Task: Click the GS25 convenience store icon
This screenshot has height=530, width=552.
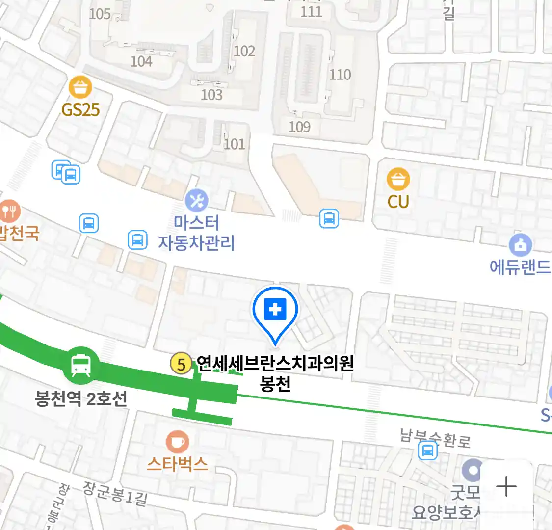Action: (x=80, y=88)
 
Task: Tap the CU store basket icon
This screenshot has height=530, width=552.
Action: (x=398, y=180)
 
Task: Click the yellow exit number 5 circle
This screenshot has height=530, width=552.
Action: (x=181, y=365)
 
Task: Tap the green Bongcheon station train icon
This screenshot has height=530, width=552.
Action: (x=80, y=366)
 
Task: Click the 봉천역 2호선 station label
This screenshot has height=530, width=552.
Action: (x=81, y=398)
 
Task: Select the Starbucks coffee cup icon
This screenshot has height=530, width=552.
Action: (x=177, y=442)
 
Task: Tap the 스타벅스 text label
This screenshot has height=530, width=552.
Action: (x=178, y=464)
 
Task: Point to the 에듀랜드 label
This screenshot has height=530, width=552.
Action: (x=520, y=267)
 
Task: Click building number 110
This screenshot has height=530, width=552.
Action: (x=340, y=75)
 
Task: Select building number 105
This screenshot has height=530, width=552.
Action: (x=100, y=14)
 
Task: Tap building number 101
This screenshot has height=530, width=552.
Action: (x=234, y=144)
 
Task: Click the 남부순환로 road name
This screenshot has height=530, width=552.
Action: (x=435, y=438)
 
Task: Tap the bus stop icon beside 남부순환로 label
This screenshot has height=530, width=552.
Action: (x=428, y=450)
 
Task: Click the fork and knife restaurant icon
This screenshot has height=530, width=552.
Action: (x=9, y=212)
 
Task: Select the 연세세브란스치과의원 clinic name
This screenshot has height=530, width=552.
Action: (x=275, y=364)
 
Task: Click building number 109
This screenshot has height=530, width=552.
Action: (x=299, y=127)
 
